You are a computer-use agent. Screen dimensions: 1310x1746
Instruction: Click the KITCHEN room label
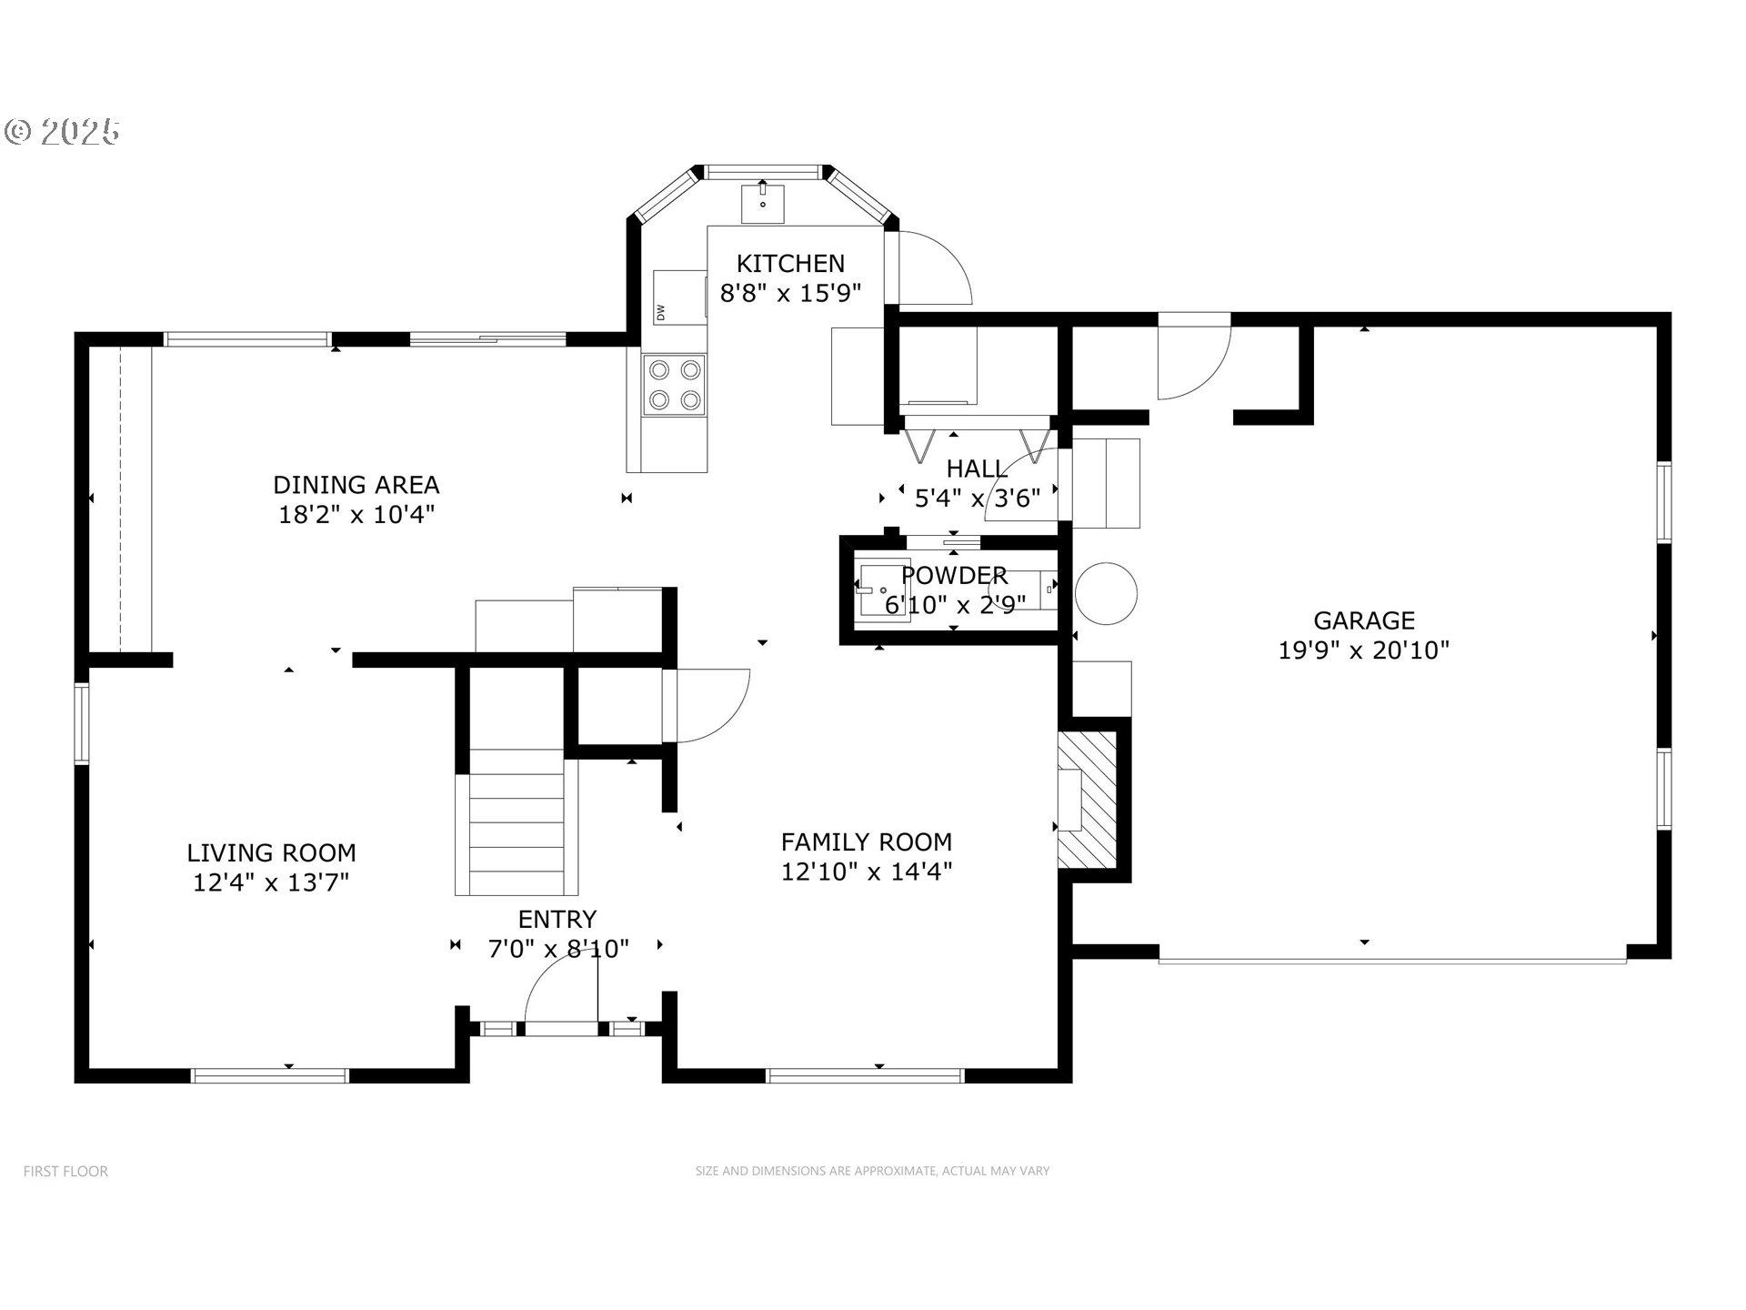(789, 264)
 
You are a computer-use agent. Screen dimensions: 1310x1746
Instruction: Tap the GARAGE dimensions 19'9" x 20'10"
(1363, 650)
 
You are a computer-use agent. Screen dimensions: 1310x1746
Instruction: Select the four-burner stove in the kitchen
(674, 385)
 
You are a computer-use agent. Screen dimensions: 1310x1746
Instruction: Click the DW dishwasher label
(661, 312)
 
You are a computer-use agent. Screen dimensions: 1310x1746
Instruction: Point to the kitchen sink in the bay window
(762, 202)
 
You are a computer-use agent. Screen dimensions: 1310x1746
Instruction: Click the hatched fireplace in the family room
(1087, 799)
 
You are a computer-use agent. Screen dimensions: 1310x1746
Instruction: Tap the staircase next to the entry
(517, 822)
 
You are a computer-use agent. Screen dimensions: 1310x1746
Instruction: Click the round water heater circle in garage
(1106, 593)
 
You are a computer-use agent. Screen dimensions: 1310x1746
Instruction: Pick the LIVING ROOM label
(271, 853)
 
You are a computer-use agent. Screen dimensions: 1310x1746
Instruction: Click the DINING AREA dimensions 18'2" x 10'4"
(356, 515)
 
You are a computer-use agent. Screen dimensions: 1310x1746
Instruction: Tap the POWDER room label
(954, 576)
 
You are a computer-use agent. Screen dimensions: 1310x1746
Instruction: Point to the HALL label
(976, 469)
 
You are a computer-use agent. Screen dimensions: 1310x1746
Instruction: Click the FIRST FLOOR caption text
(65, 1172)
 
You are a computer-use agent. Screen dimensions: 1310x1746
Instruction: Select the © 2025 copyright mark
(62, 133)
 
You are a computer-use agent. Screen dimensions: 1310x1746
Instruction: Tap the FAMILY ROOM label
(866, 842)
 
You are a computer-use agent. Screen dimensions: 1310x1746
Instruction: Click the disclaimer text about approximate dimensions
(872, 1172)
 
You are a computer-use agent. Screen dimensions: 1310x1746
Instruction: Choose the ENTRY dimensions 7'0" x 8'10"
(558, 950)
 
